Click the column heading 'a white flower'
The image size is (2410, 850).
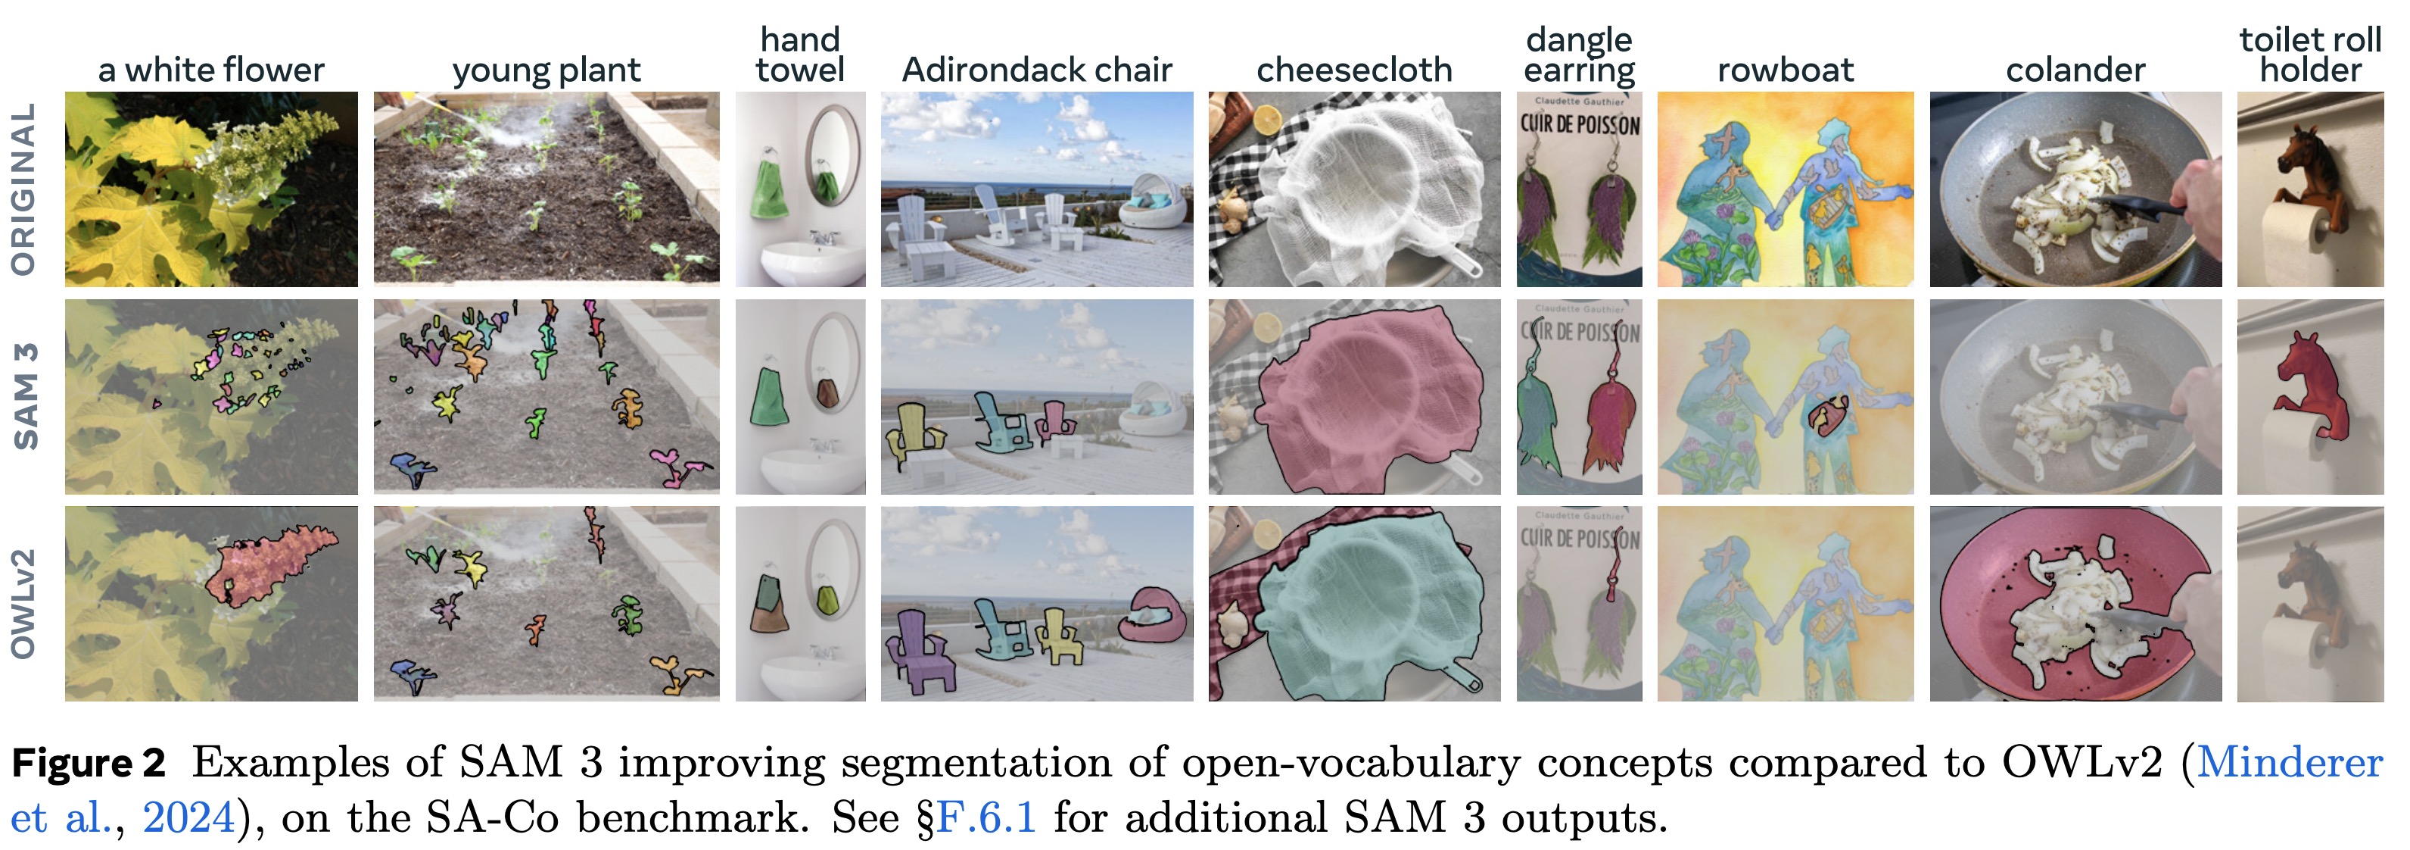[210, 70]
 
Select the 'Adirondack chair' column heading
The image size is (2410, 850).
[1037, 70]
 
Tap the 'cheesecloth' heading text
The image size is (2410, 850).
[1354, 70]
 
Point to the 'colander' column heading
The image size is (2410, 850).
[2075, 70]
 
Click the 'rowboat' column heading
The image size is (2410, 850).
[1785, 70]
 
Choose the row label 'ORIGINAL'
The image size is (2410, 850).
[24, 189]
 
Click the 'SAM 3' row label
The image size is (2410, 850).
[26, 396]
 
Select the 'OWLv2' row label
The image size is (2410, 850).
[24, 604]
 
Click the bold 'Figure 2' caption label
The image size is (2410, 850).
[89, 764]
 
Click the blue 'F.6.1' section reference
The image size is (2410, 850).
[986, 818]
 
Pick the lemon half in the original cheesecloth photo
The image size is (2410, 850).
[1268, 120]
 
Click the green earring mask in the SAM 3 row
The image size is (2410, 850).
[1535, 412]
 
